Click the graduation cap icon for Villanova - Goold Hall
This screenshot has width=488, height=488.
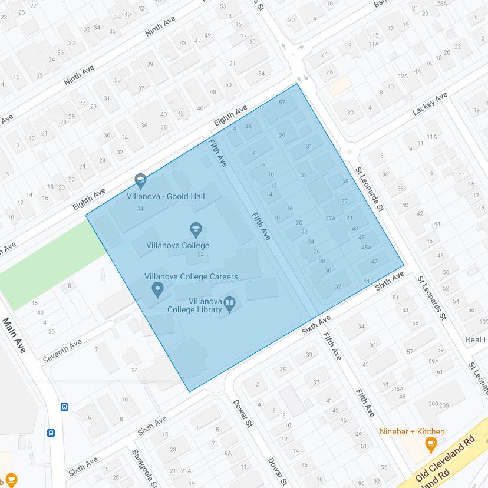point(140,180)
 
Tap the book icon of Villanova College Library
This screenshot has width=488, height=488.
point(229,304)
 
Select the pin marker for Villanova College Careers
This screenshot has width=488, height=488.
point(157,289)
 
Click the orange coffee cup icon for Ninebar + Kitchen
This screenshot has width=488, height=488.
point(431,443)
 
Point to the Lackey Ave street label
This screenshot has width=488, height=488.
point(430,103)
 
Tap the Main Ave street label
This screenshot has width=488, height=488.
point(15,335)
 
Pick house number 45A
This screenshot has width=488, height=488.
point(366,248)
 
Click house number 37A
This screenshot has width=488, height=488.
point(330,219)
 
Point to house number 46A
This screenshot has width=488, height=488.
point(398,388)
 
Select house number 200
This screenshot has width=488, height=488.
point(433,404)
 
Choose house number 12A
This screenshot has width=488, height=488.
point(403,76)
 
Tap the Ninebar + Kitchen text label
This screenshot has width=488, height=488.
point(412,431)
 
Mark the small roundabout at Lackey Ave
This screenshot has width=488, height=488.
point(349,152)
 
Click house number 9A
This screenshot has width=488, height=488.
point(227,453)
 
